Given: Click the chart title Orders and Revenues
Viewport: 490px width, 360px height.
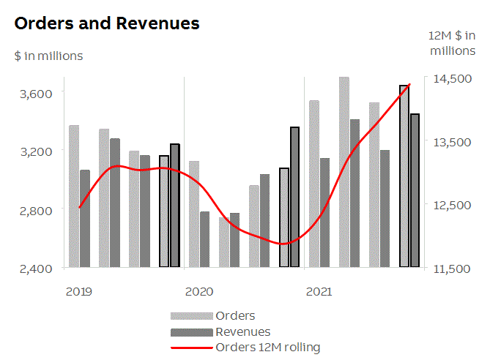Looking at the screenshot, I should pyautogui.click(x=107, y=23).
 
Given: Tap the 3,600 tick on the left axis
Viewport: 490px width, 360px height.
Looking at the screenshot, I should pyautogui.click(x=36, y=93).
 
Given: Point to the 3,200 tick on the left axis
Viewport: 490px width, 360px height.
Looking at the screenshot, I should pyautogui.click(x=36, y=151).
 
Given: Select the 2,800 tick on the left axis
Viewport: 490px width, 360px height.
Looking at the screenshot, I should pyautogui.click(x=36, y=211).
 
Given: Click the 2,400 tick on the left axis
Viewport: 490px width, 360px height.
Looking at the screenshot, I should pyautogui.click(x=36, y=269).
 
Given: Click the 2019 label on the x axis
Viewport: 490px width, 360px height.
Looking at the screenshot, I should pyautogui.click(x=79, y=292).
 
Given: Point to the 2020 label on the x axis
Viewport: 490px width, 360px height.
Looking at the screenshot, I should pyautogui.click(x=198, y=292).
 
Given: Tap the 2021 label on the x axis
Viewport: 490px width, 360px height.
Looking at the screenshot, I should pyautogui.click(x=318, y=292).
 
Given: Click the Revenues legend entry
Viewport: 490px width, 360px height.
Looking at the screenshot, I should pyautogui.click(x=242, y=331).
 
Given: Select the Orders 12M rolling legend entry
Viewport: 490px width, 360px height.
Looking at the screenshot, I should pyautogui.click(x=267, y=347).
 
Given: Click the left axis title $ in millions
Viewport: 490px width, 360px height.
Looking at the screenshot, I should pyautogui.click(x=48, y=56).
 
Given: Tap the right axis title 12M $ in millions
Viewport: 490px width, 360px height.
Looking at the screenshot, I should pyautogui.click(x=452, y=43).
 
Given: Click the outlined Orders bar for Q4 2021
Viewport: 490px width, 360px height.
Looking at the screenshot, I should pyautogui.click(x=404, y=176).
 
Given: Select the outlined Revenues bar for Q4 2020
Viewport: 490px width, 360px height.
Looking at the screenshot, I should pyautogui.click(x=294, y=197).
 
